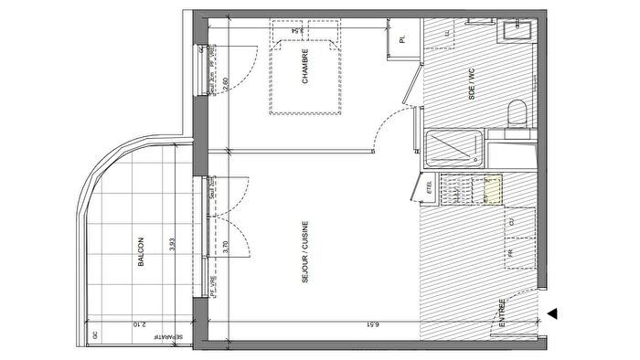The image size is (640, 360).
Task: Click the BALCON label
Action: (x=141, y=251)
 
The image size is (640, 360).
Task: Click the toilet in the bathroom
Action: (x=517, y=114)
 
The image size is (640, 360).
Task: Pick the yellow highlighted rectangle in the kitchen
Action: (x=492, y=188)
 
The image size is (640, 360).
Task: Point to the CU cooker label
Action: (x=511, y=222)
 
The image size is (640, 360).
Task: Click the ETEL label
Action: (x=429, y=188)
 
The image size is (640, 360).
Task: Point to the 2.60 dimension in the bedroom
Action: (x=226, y=85)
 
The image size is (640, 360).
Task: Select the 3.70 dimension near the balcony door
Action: (x=226, y=244)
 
